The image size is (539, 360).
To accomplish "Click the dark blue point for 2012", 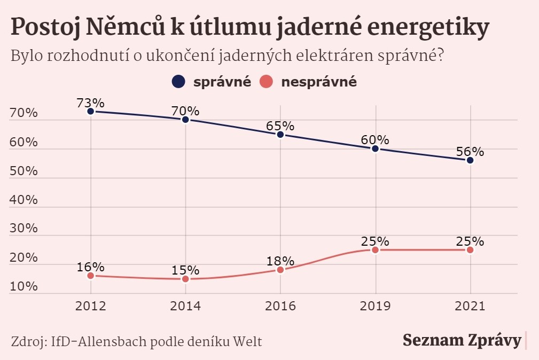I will (91, 111).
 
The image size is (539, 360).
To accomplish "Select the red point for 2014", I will (185, 279).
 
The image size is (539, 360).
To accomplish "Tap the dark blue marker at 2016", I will (280, 135).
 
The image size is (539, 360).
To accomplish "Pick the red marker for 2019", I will (375, 250).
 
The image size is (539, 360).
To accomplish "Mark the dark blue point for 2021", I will (470, 160).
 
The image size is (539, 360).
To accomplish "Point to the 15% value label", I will (185, 270).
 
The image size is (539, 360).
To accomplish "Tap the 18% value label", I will (280, 261).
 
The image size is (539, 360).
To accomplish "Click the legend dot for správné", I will (178, 82).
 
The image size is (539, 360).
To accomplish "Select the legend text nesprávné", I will (318, 82).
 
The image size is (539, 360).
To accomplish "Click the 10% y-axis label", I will (24, 286).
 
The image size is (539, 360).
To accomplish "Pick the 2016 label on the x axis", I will (280, 307).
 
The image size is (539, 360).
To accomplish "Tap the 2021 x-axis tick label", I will (470, 307).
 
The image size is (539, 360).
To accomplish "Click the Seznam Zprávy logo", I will (461, 340).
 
